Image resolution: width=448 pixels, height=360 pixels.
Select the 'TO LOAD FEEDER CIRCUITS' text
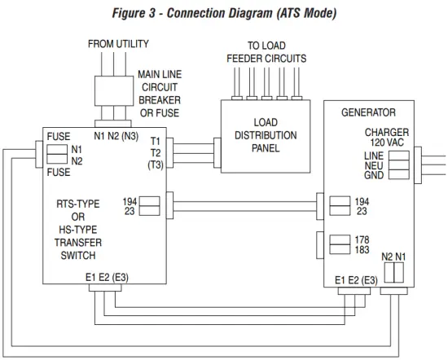pos(266,53)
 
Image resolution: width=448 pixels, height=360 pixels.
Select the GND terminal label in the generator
pos(374,175)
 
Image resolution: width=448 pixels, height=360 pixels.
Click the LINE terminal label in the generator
pos(374,155)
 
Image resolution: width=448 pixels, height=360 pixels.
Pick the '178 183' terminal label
pos(363,244)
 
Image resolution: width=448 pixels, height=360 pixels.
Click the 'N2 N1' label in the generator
pos(393,257)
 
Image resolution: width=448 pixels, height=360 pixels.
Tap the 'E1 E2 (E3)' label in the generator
pos(356,280)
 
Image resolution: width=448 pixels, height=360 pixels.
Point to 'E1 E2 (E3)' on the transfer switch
pos(107,277)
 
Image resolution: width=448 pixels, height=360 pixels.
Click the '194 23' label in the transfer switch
pos(130,205)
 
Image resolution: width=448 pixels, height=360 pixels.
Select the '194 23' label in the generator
pos(362,205)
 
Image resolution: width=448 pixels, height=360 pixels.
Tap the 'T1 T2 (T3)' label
pos(154,152)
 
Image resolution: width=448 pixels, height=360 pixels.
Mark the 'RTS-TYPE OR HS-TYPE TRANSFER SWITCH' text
pos(78,229)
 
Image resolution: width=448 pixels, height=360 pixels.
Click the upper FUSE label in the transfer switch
pos(59,138)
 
